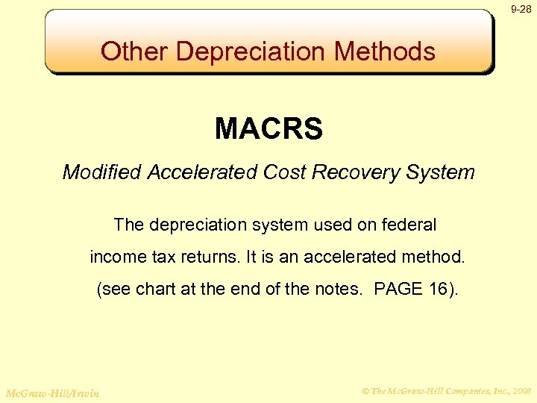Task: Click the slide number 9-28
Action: click(521, 10)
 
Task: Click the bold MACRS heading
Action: click(268, 129)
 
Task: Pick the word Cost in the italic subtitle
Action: click(280, 172)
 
